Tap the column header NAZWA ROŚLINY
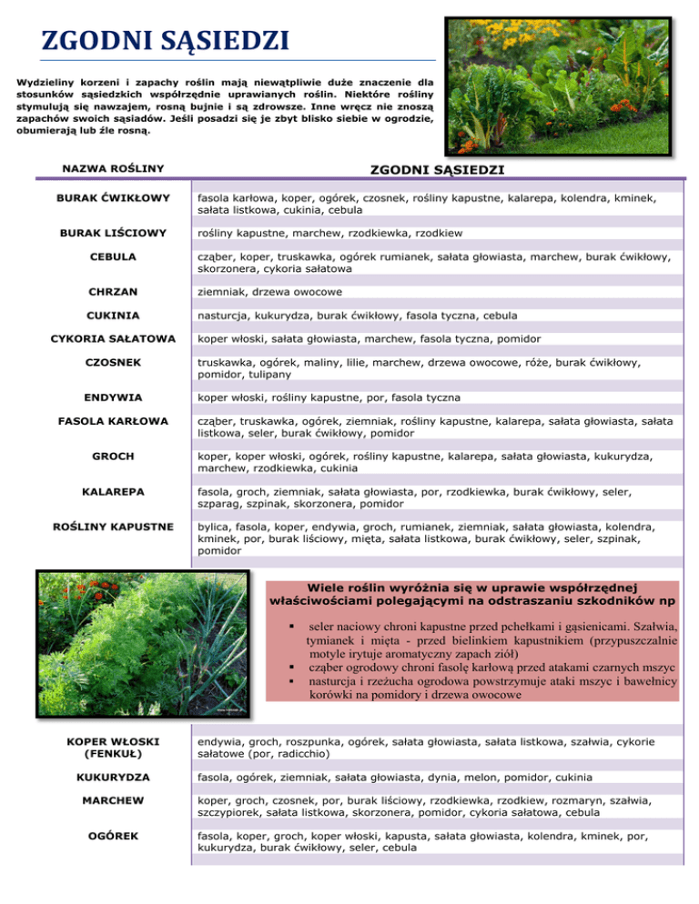click(x=113, y=168)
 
